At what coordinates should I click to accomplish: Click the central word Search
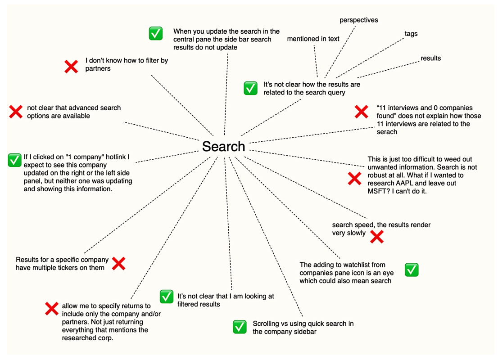click(x=223, y=146)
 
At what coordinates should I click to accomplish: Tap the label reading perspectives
click(x=358, y=20)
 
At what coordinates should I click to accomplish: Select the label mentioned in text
click(x=313, y=39)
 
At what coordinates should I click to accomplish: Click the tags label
click(x=411, y=34)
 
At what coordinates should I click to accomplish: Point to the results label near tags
click(x=430, y=58)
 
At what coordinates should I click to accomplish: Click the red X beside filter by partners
click(x=71, y=66)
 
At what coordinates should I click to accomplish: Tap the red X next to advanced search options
click(x=16, y=112)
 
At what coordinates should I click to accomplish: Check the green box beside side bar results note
click(x=156, y=33)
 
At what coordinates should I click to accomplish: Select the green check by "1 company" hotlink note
click(x=14, y=159)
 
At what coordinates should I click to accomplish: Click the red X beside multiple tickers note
click(x=118, y=263)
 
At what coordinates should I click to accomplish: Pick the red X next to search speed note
click(x=376, y=237)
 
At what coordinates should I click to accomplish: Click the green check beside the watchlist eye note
click(x=412, y=270)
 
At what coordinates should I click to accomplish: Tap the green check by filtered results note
click(x=167, y=297)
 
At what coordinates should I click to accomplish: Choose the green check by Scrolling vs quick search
click(x=240, y=327)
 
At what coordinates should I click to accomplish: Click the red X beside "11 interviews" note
click(x=361, y=112)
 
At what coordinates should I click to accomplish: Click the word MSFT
click(x=377, y=191)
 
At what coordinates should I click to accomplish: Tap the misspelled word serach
click(x=387, y=132)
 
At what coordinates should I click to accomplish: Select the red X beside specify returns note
click(x=52, y=309)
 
